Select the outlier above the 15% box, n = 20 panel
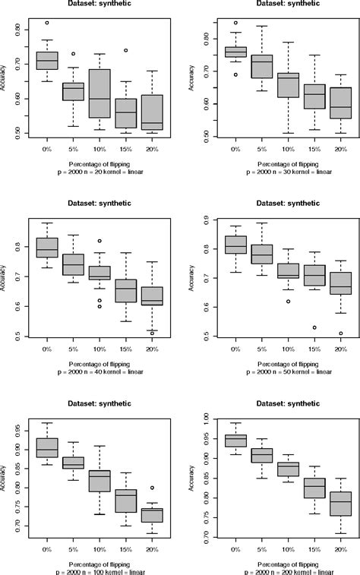pos(126,51)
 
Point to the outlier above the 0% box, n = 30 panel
pos(235,23)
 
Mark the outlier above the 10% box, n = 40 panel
pos(99,241)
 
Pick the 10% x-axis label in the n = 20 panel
pos(99,151)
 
